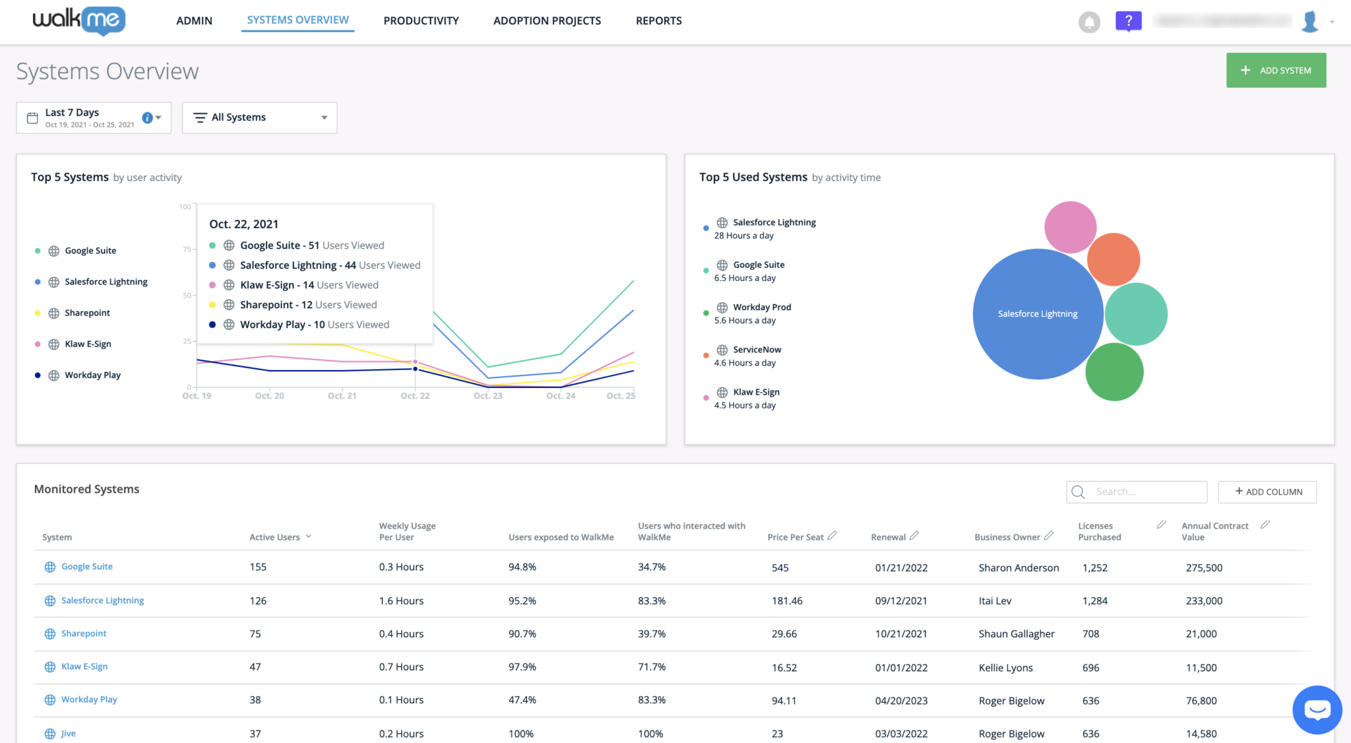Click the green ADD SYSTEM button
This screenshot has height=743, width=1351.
1276,71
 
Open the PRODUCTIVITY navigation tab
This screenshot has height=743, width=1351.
421,20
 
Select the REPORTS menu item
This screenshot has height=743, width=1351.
658,20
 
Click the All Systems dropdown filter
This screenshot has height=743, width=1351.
259,117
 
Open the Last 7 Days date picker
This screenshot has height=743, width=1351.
93,117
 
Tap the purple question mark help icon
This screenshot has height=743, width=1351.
1128,21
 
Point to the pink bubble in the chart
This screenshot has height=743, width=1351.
1069,226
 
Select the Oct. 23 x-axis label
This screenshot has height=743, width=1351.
487,396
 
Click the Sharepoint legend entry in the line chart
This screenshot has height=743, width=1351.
87,313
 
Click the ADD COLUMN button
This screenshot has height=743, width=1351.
1267,492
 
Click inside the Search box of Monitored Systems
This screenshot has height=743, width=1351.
1145,492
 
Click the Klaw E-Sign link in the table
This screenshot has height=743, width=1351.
84,666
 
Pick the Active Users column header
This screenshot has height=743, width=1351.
274,537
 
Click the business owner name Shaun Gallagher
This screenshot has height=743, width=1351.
1017,634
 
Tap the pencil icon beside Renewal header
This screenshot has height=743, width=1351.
914,536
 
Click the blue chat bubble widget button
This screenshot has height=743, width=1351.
1317,710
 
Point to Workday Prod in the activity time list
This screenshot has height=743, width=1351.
762,307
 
